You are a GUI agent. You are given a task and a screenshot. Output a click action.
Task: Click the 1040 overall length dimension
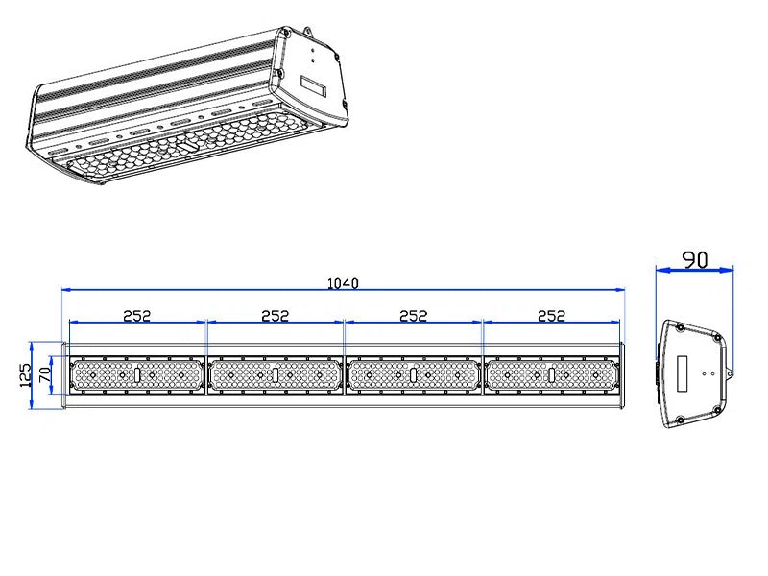tap(343, 283)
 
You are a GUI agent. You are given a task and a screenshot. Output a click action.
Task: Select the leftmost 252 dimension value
tap(137, 315)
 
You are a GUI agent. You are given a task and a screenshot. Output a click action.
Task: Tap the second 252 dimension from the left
tap(276, 315)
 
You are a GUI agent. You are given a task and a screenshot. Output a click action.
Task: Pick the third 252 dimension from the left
tap(413, 315)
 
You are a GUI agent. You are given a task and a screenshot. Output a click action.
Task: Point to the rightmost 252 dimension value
tap(551, 315)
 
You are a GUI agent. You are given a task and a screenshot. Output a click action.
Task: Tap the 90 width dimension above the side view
tap(694, 259)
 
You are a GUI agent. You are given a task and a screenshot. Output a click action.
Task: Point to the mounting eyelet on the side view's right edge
tap(730, 372)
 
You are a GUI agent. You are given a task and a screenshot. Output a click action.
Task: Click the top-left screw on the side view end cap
tap(680, 328)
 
